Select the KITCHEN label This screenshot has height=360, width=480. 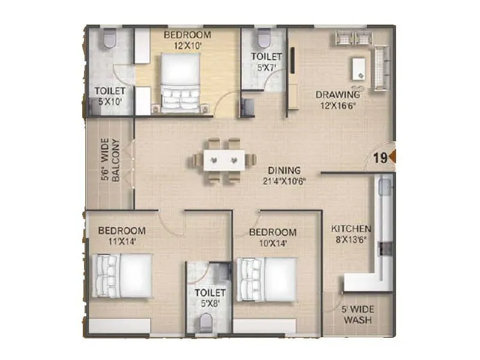352,229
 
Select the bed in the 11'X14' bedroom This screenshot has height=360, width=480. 123,275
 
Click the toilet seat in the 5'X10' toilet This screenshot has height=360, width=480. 108,39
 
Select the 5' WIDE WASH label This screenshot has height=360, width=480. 358,315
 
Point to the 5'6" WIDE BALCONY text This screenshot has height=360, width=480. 111,161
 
